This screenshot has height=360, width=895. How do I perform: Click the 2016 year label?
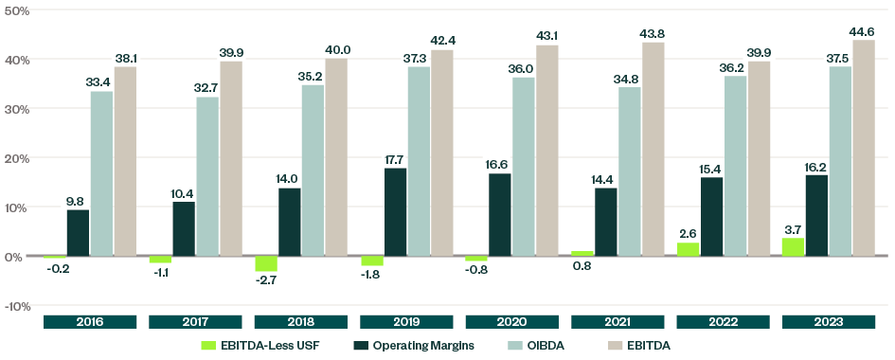(91, 322)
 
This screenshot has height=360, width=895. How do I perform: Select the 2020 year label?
(513, 322)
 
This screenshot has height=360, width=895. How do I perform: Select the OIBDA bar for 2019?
(419, 161)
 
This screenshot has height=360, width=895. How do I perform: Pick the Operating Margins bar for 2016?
(78, 232)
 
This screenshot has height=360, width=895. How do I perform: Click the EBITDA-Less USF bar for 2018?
(266, 263)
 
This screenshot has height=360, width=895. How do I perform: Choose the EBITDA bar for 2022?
(758, 158)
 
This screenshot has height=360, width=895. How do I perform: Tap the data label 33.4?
(101, 81)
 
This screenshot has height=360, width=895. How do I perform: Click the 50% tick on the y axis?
(16, 10)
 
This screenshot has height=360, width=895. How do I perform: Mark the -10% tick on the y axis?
(16, 306)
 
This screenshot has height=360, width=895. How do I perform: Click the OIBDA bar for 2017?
(207, 176)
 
